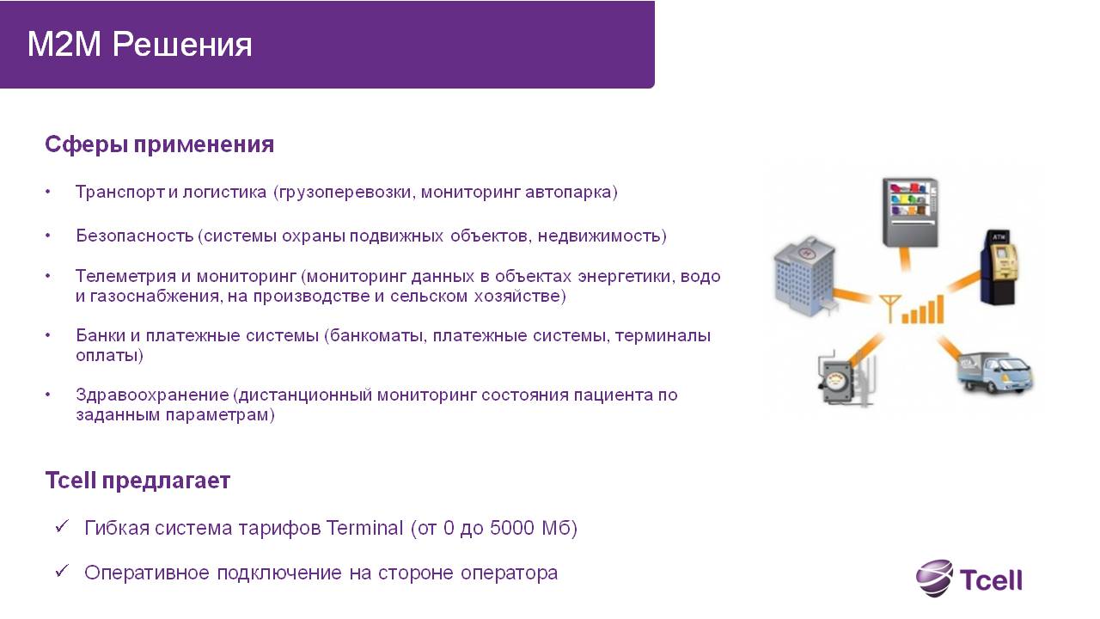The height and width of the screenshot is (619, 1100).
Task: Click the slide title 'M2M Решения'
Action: tap(139, 45)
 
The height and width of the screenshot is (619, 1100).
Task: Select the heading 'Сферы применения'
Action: tap(160, 145)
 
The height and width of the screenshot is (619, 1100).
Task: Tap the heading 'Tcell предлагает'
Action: tap(137, 481)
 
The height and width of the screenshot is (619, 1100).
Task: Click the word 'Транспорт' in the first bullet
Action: tap(120, 192)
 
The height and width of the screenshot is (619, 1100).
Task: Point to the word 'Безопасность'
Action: tap(135, 236)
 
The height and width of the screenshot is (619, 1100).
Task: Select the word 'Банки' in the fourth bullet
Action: tap(101, 335)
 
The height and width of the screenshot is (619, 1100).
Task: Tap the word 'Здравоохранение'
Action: tap(152, 395)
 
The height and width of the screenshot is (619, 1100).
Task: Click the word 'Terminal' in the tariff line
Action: tap(364, 528)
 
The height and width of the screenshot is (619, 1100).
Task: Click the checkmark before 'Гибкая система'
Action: tap(62, 527)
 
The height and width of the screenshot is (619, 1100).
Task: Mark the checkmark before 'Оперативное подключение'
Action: tap(62, 571)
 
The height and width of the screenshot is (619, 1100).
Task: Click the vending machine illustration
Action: tap(910, 212)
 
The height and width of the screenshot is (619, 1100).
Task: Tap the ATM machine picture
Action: tap(999, 267)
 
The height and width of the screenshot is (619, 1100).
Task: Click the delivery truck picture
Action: tap(995, 372)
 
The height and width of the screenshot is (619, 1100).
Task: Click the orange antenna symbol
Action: tap(889, 308)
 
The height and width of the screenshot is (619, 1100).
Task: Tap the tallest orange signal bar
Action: tap(939, 309)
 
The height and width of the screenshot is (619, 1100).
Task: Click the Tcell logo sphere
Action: tap(934, 578)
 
